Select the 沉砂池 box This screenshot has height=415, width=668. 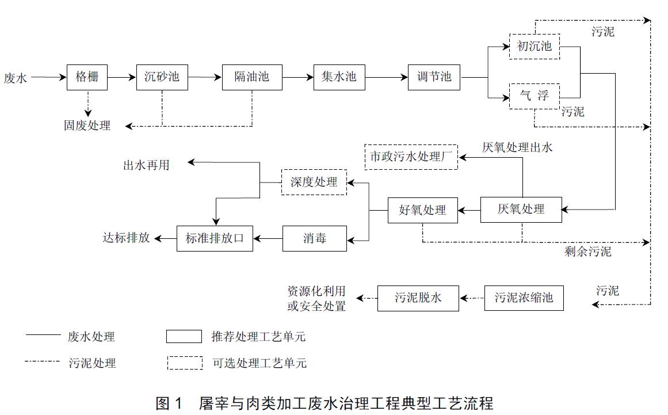pyautogui.click(x=162, y=77)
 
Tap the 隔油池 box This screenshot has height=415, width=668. pyautogui.click(x=252, y=77)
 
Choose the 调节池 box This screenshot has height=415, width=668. pyautogui.click(x=434, y=77)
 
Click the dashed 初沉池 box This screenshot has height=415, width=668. pyautogui.click(x=535, y=46)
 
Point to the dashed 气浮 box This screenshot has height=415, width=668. pyautogui.click(x=535, y=96)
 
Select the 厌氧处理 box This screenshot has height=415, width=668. pyautogui.click(x=521, y=210)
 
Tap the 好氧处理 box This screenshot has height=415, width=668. pyautogui.click(x=422, y=210)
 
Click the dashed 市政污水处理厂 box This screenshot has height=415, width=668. pyautogui.click(x=411, y=157)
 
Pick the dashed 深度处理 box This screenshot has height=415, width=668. pyautogui.click(x=314, y=182)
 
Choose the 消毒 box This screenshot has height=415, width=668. pyautogui.click(x=315, y=238)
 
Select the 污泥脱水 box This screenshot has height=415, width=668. pyautogui.click(x=418, y=298)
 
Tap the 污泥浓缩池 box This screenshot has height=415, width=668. pyautogui.click(x=524, y=298)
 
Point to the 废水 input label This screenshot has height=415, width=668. pyautogui.click(x=16, y=77)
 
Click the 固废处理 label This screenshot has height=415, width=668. pyautogui.click(x=87, y=125)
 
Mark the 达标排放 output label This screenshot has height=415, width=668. pyautogui.click(x=127, y=237)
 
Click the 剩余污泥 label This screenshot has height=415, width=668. pyautogui.click(x=588, y=252)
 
